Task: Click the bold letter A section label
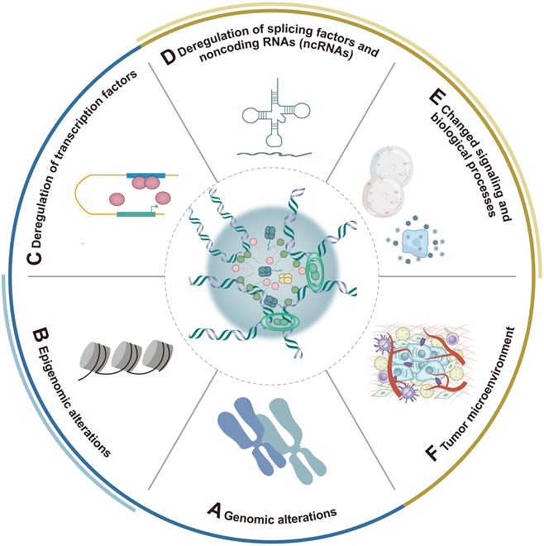[x=213, y=513]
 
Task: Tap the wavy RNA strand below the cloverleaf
[x=269, y=153]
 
